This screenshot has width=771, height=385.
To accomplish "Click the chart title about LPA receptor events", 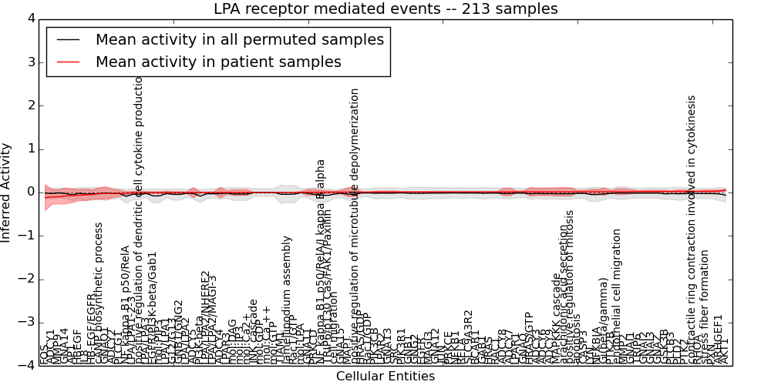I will tap(385, 9).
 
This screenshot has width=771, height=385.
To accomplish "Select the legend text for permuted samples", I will tap(240, 40).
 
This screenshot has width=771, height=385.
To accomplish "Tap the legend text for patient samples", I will tap(218, 62).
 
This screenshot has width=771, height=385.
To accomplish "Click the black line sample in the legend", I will tap(69, 40).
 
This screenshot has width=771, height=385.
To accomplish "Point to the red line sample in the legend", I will tap(69, 62).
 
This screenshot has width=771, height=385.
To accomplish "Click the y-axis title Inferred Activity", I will tap(7, 192).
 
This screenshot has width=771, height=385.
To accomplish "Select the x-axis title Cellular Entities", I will tap(385, 377).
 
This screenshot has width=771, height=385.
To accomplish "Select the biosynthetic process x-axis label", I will tap(99, 293).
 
